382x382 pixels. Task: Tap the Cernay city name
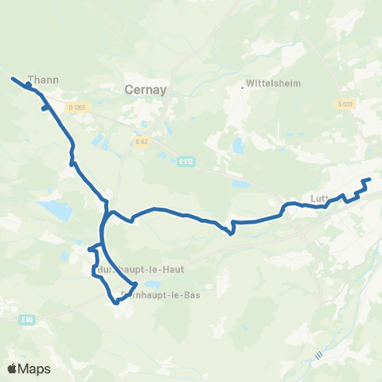pos(146,90)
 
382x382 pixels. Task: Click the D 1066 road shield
pos(76,107)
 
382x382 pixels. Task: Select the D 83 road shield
pos(141,142)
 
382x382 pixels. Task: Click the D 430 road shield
pos(344,104)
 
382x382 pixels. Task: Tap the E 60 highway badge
pos(28,320)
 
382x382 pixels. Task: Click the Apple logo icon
pos(13,368)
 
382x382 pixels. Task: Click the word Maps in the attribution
pos(35,368)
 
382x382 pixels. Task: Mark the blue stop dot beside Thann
pos(29,83)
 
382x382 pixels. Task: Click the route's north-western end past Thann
pos(12,77)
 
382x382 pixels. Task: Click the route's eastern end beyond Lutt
pos(370,180)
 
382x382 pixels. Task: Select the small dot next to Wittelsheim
pos(243,87)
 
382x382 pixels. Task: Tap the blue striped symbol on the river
pos(318,356)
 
